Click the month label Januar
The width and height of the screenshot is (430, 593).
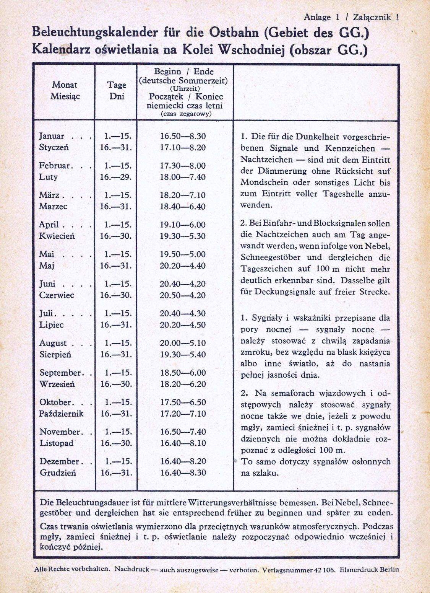[x=52, y=136]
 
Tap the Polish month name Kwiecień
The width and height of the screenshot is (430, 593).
[x=57, y=236]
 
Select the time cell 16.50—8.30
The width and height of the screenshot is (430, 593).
[x=183, y=136]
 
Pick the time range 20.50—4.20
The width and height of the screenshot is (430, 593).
[x=183, y=295]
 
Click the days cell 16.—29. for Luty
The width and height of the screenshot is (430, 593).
[x=116, y=177]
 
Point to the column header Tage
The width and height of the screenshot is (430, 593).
[x=116, y=85]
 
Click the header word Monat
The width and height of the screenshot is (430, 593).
[x=65, y=85]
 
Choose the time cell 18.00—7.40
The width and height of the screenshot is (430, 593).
[x=183, y=177]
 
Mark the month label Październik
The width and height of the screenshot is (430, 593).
[x=62, y=414]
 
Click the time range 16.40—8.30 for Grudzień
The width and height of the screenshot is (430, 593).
[x=183, y=473]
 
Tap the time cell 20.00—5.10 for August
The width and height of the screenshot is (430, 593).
[x=183, y=343]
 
